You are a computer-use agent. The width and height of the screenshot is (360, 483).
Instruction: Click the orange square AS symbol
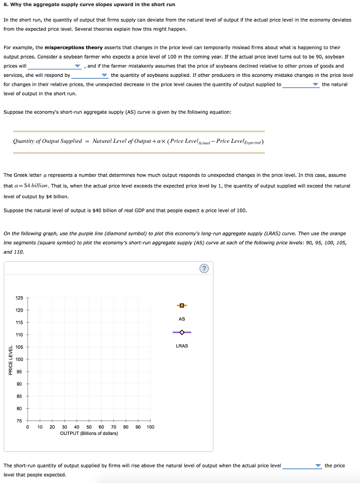pyautogui.click(x=182, y=305)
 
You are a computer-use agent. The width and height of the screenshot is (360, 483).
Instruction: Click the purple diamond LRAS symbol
pyautogui.click(x=182, y=333)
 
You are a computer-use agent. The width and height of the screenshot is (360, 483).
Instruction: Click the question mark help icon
pyautogui.click(x=204, y=269)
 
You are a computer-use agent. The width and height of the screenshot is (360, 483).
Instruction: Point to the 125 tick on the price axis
pyautogui.click(x=19, y=298)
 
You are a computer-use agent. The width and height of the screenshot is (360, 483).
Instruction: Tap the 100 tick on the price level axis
pyautogui.click(x=19, y=359)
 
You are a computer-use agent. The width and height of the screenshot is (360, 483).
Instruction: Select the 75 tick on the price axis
pyautogui.click(x=19, y=421)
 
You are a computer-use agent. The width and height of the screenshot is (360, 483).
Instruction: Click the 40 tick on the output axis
pyautogui.click(x=77, y=427)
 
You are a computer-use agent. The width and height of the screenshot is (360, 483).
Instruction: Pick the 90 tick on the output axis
pyautogui.click(x=138, y=427)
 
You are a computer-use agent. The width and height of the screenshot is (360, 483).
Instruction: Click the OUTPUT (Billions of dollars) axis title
pyautogui.click(x=89, y=433)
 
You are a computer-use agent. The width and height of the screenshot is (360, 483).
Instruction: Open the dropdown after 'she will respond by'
pyautogui.click(x=90, y=75)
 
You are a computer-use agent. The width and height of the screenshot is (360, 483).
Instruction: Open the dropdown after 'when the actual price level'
pyautogui.click(x=302, y=466)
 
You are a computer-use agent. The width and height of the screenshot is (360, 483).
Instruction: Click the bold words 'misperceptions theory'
pyautogui.click(x=74, y=48)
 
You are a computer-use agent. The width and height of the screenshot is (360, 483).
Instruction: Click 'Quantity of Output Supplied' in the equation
pyautogui.click(x=47, y=141)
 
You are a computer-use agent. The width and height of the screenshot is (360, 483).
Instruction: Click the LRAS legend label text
pyautogui.click(x=182, y=346)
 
